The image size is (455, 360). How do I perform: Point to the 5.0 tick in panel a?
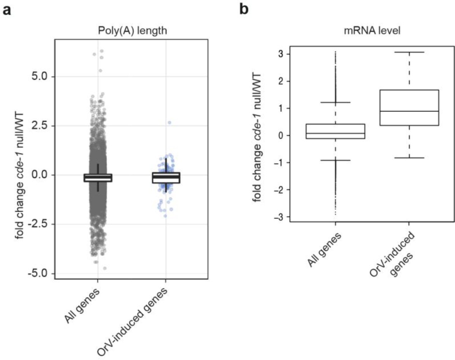[39, 77]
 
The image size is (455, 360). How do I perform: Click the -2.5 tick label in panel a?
[37, 224]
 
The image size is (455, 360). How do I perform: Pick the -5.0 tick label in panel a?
[37, 274]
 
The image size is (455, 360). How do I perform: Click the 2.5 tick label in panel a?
[39, 126]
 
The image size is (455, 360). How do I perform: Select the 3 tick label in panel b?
[280, 54]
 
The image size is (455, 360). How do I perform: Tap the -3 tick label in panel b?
[279, 217]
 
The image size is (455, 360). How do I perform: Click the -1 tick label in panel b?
[279, 163]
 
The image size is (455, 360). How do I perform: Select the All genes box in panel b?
[335, 131]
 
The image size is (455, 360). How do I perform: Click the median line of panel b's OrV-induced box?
[409, 111]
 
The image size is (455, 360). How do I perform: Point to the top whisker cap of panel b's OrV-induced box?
[409, 52]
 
